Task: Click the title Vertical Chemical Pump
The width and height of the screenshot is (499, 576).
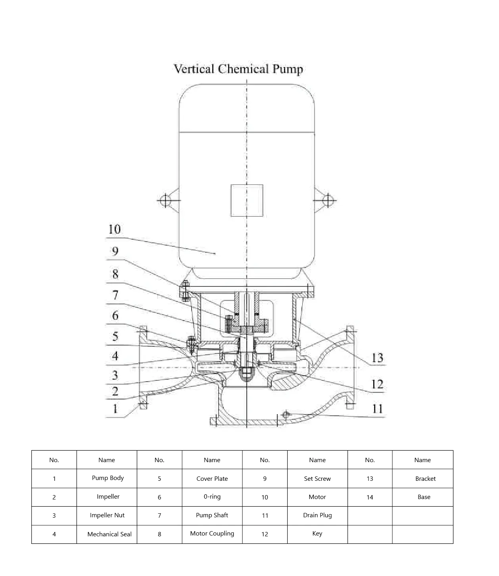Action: click(x=238, y=69)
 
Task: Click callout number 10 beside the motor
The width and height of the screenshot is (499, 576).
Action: click(x=114, y=229)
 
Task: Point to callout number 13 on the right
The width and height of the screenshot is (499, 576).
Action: click(x=377, y=358)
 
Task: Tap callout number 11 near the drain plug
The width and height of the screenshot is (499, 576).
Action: click(x=377, y=409)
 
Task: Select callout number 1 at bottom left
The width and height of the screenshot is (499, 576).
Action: click(x=115, y=409)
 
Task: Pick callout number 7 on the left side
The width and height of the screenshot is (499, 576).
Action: click(x=115, y=295)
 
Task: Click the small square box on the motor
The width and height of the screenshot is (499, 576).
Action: click(x=247, y=200)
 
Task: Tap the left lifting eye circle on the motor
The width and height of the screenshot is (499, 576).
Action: click(x=164, y=200)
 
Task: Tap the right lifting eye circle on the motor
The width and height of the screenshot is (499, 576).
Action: click(x=328, y=200)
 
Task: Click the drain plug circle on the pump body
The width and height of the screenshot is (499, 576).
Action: click(x=286, y=415)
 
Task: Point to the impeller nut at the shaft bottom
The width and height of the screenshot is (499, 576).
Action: click(x=246, y=373)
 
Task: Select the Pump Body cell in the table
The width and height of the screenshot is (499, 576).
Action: click(x=107, y=478)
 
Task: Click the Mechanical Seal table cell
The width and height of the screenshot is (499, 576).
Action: click(x=109, y=534)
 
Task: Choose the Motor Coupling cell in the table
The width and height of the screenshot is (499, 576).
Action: click(x=212, y=534)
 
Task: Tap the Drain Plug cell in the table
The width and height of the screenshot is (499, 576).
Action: click(x=317, y=515)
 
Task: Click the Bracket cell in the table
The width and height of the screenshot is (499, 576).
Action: click(x=425, y=479)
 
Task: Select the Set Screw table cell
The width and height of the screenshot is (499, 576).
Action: click(x=317, y=479)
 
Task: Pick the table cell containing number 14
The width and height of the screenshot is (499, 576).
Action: click(x=370, y=497)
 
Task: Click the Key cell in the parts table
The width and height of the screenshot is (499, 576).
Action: click(x=317, y=534)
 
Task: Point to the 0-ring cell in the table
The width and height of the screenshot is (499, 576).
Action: click(x=212, y=497)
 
